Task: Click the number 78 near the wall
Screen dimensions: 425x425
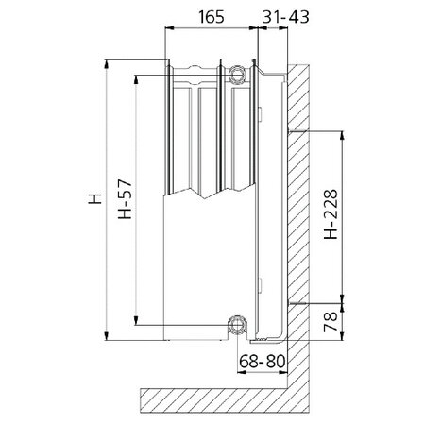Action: [x=330, y=323]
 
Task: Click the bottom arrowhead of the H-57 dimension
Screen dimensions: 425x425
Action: [x=138, y=322]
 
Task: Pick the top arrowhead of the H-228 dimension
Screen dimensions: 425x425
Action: [x=344, y=133]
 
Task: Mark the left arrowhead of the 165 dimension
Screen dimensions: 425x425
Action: [x=171, y=29]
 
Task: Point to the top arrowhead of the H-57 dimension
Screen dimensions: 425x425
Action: [x=138, y=78]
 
